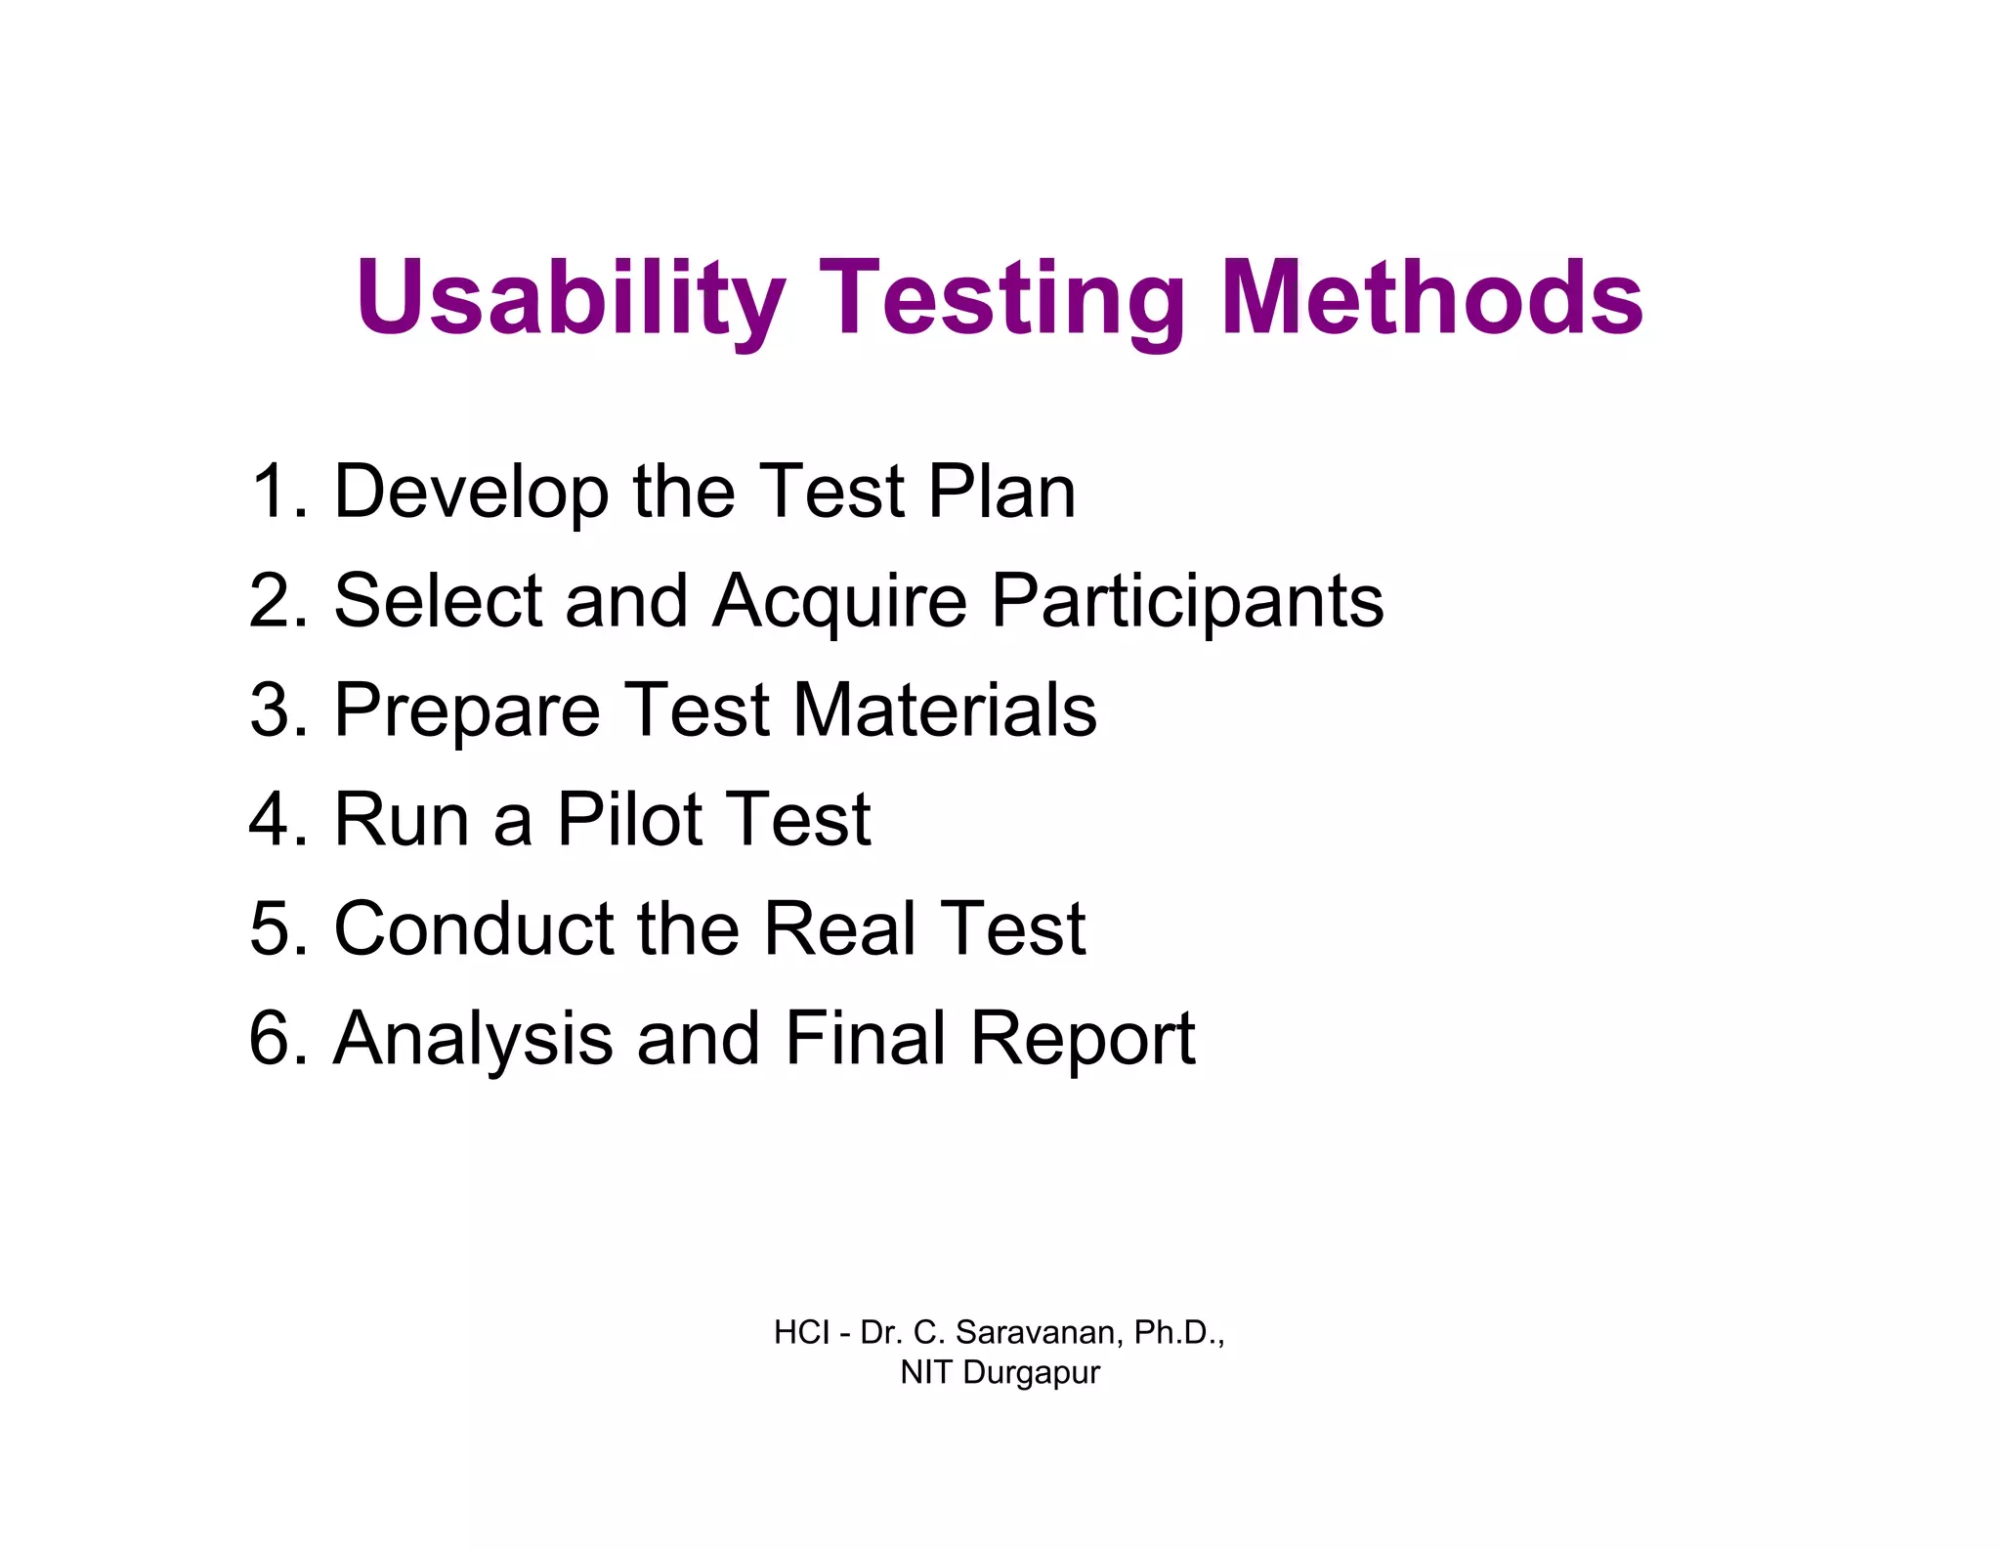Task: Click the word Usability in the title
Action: pos(571,297)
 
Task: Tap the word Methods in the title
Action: pos(1431,297)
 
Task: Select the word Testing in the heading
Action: pos(1001,297)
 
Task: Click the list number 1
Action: pos(276,491)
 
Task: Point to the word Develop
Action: pos(471,493)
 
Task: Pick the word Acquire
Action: pos(839,602)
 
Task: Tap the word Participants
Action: pos(1187,602)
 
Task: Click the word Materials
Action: pos(945,710)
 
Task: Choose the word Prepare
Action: pos(467,711)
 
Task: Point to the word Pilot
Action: pos(629,819)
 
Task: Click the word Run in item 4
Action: pos(401,819)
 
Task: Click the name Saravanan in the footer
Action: pos(1039,1332)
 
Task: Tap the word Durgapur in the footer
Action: pos(1031,1372)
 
